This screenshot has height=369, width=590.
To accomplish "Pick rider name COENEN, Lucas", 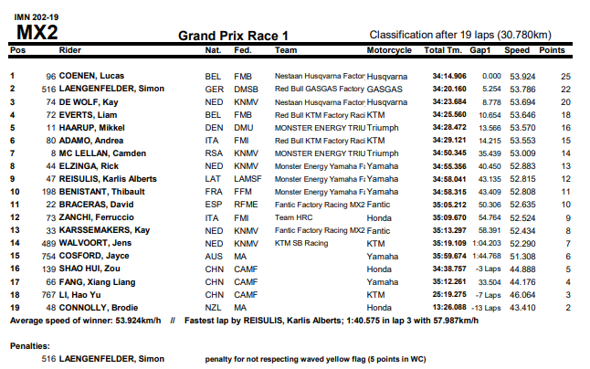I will pyautogui.click(x=91, y=76).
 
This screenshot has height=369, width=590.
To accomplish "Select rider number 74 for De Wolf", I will pyautogui.click(x=51, y=102).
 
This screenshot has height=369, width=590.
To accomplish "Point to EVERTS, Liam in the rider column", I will pyautogui.click(x=88, y=115).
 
